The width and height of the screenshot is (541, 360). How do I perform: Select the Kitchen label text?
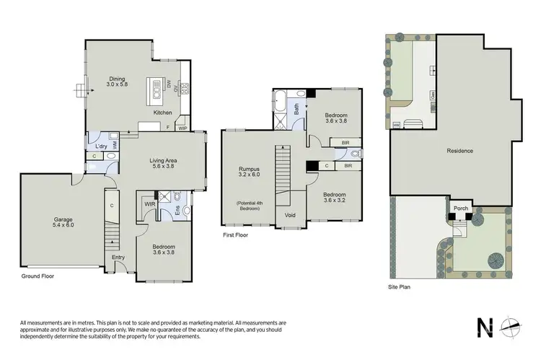point(163,113)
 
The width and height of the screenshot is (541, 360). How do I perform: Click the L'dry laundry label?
point(101,146)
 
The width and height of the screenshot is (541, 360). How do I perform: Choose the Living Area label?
point(163,163)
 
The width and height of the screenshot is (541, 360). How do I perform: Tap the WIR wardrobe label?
point(150,204)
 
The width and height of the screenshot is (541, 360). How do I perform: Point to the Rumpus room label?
point(248,171)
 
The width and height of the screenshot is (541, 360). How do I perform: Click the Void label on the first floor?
point(290,215)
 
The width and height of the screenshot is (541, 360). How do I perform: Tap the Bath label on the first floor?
point(296,110)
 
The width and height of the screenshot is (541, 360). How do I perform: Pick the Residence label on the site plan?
point(459,151)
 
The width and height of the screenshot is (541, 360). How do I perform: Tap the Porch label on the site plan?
point(460,209)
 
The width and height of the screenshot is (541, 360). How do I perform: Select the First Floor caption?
point(237,235)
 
